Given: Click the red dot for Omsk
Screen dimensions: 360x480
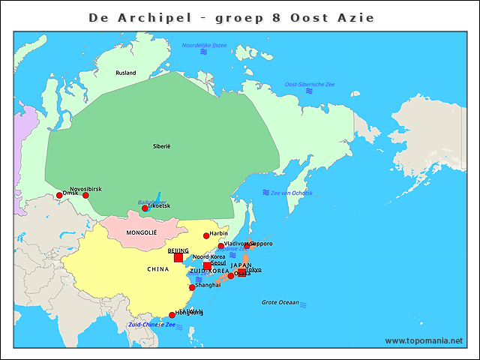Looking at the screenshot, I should click(59, 196).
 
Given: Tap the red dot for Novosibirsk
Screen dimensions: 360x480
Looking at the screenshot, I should click(85, 196).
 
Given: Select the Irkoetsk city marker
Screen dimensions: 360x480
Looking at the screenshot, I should click(145, 208).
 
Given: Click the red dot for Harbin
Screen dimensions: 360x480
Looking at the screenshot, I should click(206, 236).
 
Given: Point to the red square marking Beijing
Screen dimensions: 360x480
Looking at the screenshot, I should click(178, 258).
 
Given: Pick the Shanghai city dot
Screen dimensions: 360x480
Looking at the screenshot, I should click(192, 287).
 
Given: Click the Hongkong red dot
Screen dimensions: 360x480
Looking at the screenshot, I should click(172, 315).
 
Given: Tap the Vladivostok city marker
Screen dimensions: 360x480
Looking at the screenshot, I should click(220, 246).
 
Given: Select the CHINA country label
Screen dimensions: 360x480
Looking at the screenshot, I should click(157, 268).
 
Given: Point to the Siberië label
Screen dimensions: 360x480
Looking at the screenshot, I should click(162, 145).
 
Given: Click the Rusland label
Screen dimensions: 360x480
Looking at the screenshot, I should click(126, 73).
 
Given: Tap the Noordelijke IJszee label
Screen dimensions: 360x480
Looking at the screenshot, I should click(204, 46).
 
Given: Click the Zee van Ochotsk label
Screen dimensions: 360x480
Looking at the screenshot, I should click(291, 193).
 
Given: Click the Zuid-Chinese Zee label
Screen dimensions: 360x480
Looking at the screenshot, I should click(151, 325).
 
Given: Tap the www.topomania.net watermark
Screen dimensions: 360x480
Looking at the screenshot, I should click(424, 341).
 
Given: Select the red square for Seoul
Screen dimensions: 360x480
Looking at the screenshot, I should click(207, 266).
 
